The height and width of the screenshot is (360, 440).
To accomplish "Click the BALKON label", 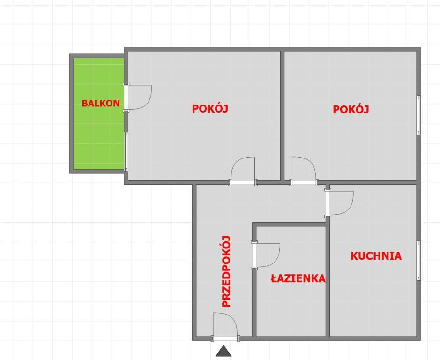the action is point(100,103).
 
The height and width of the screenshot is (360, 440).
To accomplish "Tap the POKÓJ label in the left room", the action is point(210,108).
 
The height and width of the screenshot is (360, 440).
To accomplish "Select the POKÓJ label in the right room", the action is point(351,109).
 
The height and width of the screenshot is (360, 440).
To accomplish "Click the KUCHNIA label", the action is point(376,256).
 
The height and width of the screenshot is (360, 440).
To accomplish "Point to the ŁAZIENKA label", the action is point(298,278).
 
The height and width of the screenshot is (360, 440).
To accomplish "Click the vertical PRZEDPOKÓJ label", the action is point(226,271).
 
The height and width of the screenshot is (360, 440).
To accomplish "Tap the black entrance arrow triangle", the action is point(224,351).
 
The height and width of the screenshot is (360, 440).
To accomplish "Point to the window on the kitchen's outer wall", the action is point(418,261).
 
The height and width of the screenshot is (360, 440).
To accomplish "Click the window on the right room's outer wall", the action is point(418,115).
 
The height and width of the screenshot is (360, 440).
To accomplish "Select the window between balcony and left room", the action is point(126,151).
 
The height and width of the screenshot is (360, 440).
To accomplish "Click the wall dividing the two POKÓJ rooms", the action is point(282,116).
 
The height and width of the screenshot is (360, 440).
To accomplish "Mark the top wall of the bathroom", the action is point(291,225).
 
